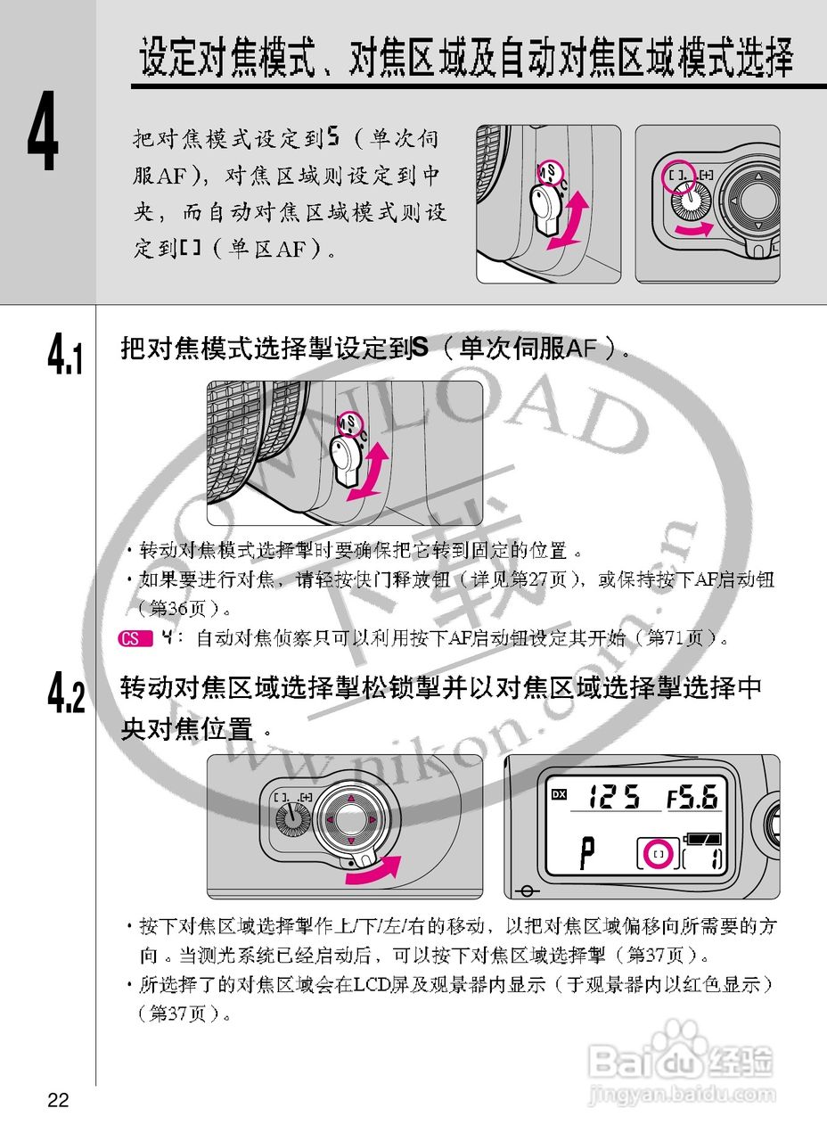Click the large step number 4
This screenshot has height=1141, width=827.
pyautogui.click(x=43, y=140)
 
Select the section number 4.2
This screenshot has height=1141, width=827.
pyautogui.click(x=67, y=694)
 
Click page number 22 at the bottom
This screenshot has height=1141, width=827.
pyautogui.click(x=58, y=1100)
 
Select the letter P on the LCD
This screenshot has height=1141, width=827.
pyautogui.click(x=586, y=854)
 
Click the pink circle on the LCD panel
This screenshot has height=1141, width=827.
pyautogui.click(x=659, y=854)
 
